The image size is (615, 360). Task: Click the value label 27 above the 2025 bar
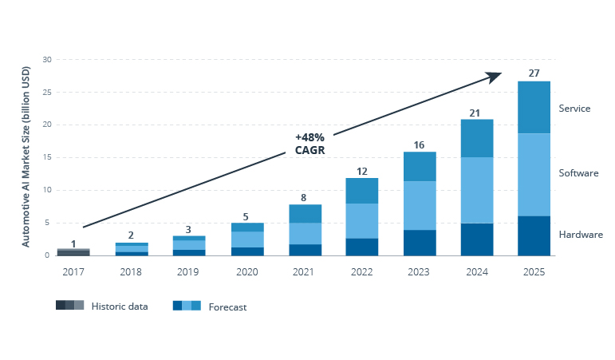(x=534, y=73)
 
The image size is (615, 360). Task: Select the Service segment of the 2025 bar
(x=534, y=107)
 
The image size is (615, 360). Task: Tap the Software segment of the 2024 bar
(x=476, y=190)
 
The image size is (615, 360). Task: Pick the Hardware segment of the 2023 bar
(x=419, y=243)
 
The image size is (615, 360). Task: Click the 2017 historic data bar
(x=73, y=252)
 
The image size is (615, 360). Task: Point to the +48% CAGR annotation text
(x=309, y=144)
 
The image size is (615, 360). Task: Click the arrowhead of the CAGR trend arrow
(x=495, y=77)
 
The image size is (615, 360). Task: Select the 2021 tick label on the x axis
(x=303, y=271)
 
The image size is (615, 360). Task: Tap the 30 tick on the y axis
(x=47, y=60)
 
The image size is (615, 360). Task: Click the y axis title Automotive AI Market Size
(x=26, y=157)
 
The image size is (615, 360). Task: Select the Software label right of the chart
(x=578, y=173)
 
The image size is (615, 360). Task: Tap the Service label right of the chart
(x=574, y=109)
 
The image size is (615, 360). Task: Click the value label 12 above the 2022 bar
(x=361, y=172)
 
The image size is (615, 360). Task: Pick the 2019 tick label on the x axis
(x=188, y=271)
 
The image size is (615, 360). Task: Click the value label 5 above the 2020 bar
(x=246, y=216)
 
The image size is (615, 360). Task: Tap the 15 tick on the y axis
(x=47, y=157)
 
